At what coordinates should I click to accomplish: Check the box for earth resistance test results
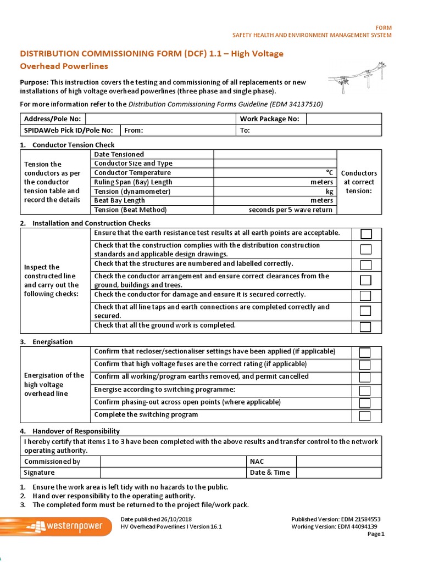[365, 234]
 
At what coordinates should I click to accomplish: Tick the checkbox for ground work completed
[365, 327]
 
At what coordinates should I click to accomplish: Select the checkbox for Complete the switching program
[365, 415]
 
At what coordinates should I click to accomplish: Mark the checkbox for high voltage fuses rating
[365, 365]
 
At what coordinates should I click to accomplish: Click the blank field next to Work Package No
[343, 119]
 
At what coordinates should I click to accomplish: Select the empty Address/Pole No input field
[160, 119]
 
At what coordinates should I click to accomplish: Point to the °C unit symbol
[329, 173]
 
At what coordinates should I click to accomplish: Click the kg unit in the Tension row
[329, 192]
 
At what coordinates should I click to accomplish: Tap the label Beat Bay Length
[120, 201]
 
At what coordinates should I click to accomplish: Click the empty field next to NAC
[340, 462]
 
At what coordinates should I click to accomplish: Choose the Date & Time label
[270, 473]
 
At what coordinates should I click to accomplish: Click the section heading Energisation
[52, 342]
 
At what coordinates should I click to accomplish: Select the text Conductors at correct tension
[359, 182]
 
